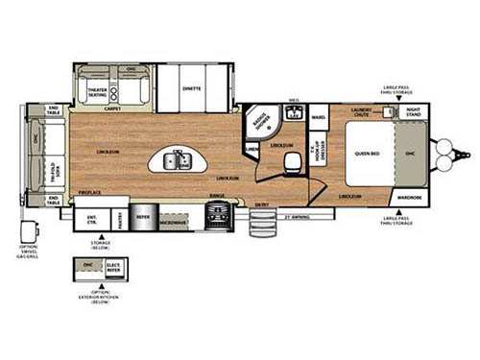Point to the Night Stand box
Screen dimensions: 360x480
[x=411, y=112]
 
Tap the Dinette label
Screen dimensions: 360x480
[x=191, y=87]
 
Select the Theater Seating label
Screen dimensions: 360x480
[x=97, y=92]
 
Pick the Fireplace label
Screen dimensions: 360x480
[x=89, y=193]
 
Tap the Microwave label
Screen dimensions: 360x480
[x=174, y=223]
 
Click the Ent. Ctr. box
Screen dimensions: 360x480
[x=92, y=220]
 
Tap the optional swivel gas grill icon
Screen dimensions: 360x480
[x=27, y=233]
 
